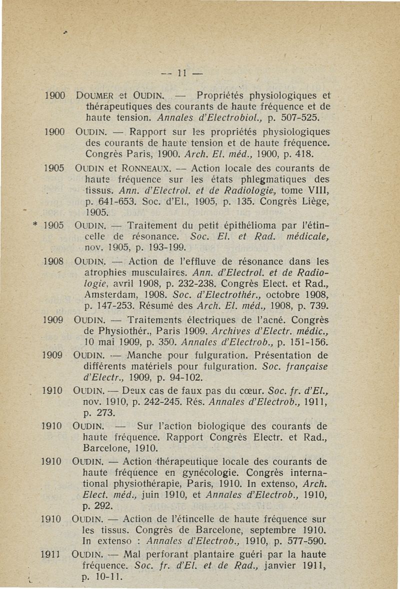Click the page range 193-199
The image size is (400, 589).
[163, 247]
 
